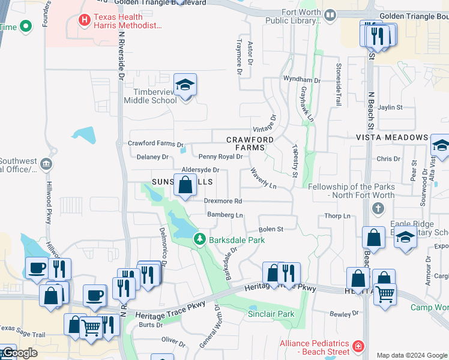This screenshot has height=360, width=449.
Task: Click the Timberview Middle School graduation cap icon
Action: click(x=185, y=85)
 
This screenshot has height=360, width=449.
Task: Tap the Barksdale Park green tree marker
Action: click(x=200, y=239)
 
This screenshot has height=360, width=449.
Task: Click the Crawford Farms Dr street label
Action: click(x=155, y=144)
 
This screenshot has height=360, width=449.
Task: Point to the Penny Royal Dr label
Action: click(x=220, y=157)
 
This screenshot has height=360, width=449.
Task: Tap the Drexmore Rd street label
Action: click(x=223, y=201)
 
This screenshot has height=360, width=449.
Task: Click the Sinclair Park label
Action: click(x=271, y=314)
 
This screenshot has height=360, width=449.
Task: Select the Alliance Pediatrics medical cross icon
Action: click(x=358, y=347)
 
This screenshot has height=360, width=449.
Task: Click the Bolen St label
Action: click(x=271, y=229)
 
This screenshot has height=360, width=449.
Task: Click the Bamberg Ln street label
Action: click(x=225, y=215)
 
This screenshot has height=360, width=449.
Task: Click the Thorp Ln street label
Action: click(x=337, y=216)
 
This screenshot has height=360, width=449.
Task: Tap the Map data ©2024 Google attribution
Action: click(x=412, y=355)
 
